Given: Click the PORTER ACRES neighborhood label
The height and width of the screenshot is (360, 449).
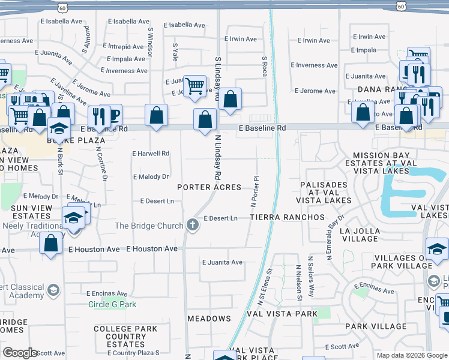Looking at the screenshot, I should pos(209,187).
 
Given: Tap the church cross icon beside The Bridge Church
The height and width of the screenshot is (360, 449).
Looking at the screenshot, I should pos(193,226).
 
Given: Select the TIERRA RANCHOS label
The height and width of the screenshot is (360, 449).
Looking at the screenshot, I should pos(287,217).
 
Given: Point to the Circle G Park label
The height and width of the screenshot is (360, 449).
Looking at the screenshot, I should pos(112,304).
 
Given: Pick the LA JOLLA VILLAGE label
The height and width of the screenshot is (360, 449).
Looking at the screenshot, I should pos(359,235).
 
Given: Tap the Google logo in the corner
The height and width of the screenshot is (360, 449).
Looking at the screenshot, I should pos(20,352).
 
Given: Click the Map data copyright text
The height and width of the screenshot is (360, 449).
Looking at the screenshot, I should pos(411,355).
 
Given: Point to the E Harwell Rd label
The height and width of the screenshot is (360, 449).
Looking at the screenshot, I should pos(151,154).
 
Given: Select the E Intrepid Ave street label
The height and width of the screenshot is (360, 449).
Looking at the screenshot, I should pos(124,46).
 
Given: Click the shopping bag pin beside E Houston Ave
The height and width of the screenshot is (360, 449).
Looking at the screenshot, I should pos(51,244).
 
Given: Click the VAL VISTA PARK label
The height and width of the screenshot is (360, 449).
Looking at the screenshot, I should pos(280,314).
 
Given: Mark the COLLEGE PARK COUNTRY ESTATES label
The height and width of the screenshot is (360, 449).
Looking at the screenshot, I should pos(126,337).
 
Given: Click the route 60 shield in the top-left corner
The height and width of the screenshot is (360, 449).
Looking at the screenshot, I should pos(63,6).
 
